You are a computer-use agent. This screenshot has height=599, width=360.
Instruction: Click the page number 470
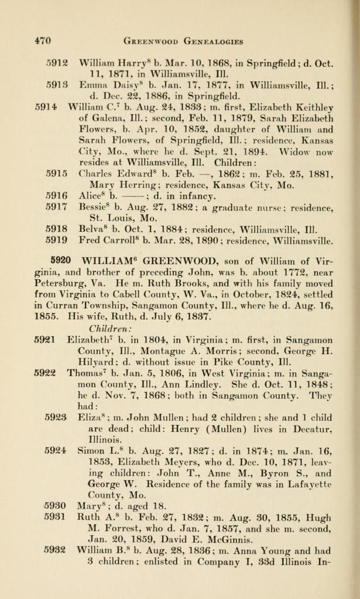(42, 41)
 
